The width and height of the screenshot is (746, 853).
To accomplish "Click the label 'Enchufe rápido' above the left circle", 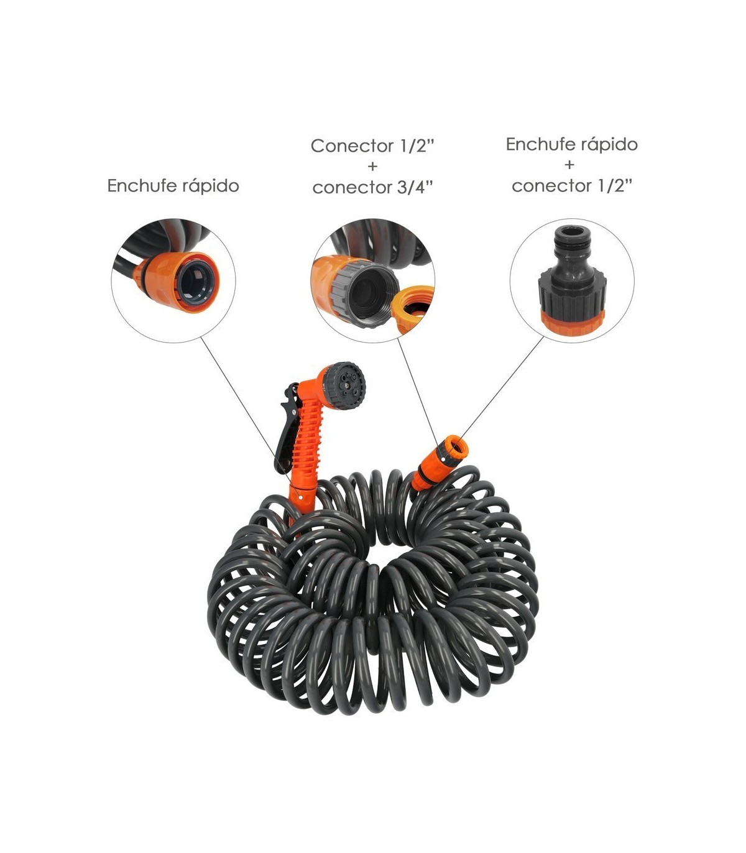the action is click(173, 185).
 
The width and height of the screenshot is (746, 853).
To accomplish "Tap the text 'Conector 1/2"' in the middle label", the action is click(372, 146).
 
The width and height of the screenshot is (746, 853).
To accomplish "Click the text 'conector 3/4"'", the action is click(372, 187).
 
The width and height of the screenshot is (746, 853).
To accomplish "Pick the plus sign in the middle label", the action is click(372, 167).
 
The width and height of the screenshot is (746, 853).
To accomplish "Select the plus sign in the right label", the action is click(569, 165).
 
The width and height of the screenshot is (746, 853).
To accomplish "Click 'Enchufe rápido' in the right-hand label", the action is click(572, 144).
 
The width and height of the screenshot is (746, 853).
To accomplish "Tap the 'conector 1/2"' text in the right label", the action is click(572, 185).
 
